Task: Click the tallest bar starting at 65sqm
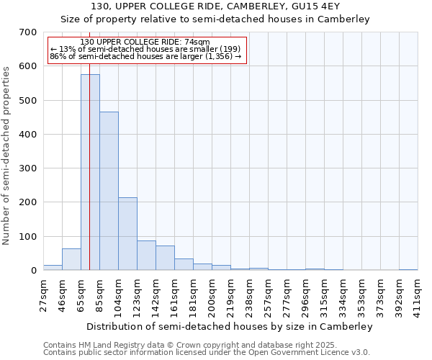[x=90, y=173]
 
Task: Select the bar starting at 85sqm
[x=109, y=191]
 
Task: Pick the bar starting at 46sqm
[x=71, y=259]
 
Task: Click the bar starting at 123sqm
[x=146, y=256]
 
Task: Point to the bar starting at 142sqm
[x=165, y=258]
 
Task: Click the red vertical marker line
[x=89, y=144]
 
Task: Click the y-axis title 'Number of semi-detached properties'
[x=6, y=155]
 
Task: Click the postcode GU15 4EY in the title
[x=328, y=6]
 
